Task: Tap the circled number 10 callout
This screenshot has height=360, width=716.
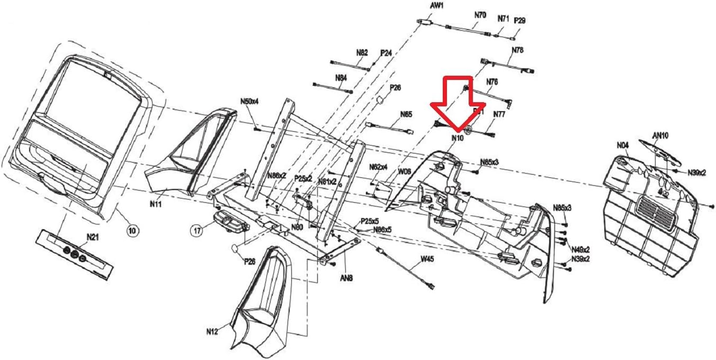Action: click(x=132, y=230)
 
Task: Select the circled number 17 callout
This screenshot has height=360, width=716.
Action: click(x=198, y=230)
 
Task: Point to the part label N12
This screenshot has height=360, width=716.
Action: click(x=212, y=332)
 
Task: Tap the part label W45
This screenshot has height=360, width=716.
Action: click(x=427, y=259)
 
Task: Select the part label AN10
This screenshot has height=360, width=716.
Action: click(x=660, y=136)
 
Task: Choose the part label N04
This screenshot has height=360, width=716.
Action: click(x=622, y=145)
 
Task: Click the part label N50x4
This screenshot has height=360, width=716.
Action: click(x=249, y=101)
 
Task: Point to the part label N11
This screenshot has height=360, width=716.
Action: click(x=155, y=203)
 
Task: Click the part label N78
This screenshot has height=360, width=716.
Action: click(x=517, y=50)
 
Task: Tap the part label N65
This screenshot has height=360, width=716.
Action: click(x=406, y=114)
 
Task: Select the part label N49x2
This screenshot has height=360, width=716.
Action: click(x=580, y=249)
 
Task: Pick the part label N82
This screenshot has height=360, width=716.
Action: click(x=362, y=52)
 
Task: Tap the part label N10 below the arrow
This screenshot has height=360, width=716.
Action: click(x=457, y=138)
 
